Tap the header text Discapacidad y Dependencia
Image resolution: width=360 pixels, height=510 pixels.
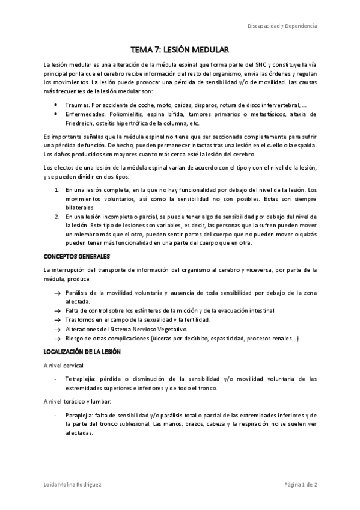283,26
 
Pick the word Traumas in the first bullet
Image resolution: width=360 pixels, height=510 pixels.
78,105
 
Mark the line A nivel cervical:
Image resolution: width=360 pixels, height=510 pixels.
64,365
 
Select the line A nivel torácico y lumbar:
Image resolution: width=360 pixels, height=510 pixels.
78,401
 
